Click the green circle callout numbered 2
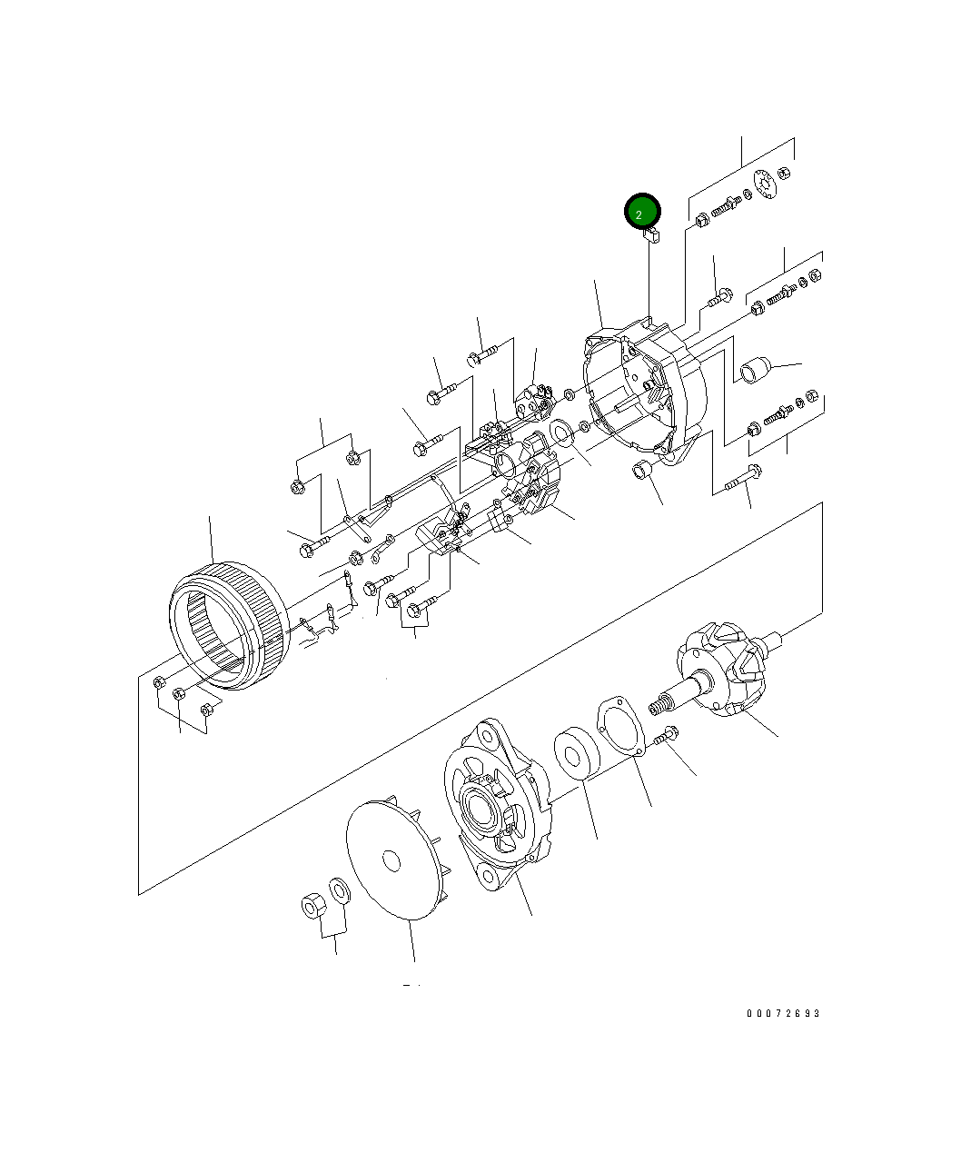(641, 213)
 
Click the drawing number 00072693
(783, 1013)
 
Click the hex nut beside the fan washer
(312, 906)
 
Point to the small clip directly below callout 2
(651, 234)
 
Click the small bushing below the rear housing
(641, 472)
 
